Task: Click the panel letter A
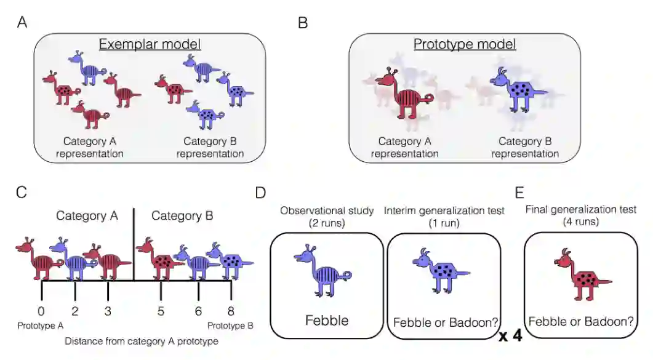click(x=22, y=23)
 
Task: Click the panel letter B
click(x=303, y=23)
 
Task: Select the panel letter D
click(x=261, y=192)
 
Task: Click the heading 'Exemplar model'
click(x=150, y=44)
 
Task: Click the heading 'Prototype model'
click(x=465, y=44)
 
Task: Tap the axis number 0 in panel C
click(x=41, y=311)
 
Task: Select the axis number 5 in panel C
click(x=161, y=311)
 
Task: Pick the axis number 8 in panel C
click(x=231, y=311)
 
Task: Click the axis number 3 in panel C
click(x=108, y=311)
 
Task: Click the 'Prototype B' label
click(x=230, y=326)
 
